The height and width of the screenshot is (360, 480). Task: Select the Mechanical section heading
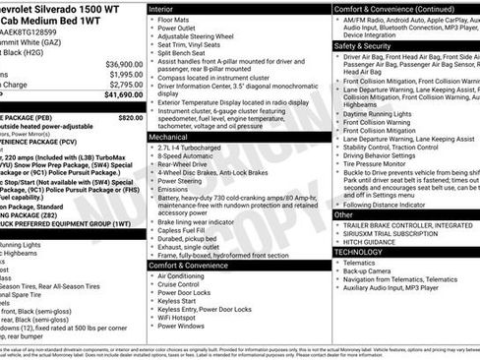(x=170, y=138)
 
